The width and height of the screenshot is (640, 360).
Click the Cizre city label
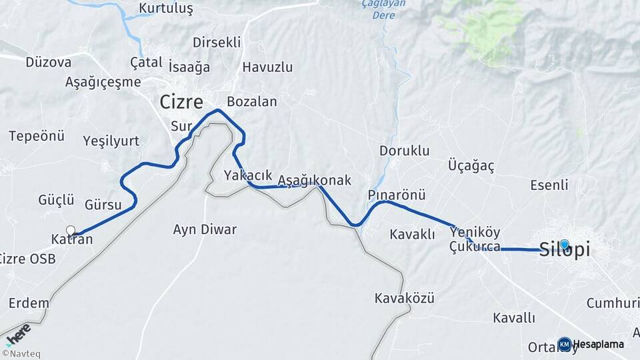coord(181,102)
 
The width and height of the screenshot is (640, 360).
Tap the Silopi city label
coord(564,250)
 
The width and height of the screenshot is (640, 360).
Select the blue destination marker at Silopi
coord(565,245)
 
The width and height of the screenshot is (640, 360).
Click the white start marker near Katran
coord(71,230)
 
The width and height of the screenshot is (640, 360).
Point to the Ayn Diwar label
coord(205,229)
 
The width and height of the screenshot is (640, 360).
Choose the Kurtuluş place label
coord(165,9)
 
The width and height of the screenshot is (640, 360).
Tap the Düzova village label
coord(48,62)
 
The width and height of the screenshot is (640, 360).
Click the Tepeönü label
coord(37,136)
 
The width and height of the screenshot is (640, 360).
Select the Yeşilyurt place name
coord(111,141)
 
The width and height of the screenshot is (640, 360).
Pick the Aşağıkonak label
coord(314,181)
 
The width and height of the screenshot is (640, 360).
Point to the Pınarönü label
coord(396,195)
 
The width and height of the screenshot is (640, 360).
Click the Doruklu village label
coord(405,151)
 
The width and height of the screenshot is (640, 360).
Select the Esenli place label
coord(549,185)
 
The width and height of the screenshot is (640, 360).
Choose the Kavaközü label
coord(404,298)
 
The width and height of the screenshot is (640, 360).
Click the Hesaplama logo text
coord(598,345)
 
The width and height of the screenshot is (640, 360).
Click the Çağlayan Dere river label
coord(374,8)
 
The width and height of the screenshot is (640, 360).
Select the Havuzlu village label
coord(267,67)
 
